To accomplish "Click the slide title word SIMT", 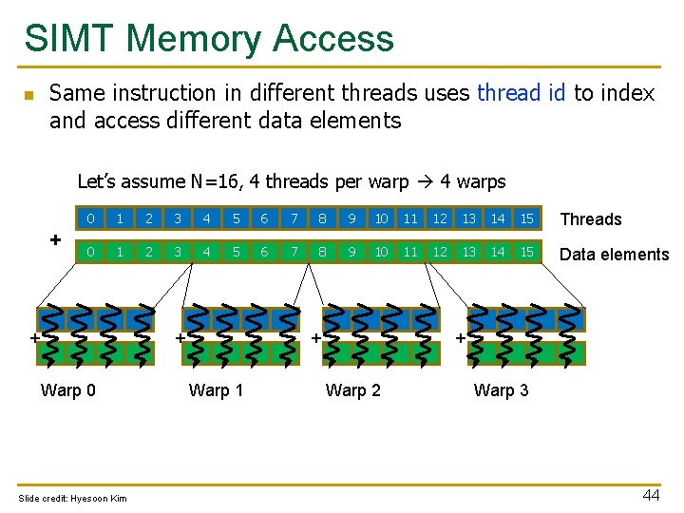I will [x=69, y=39].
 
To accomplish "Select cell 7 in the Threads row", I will [x=294, y=218].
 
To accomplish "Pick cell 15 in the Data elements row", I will [x=526, y=253].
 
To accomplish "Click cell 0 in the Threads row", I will [x=90, y=218].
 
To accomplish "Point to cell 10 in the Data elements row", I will [x=381, y=253].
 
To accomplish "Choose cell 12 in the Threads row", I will [x=440, y=218].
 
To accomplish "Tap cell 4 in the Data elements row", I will [x=206, y=253].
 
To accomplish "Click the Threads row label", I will [x=591, y=219].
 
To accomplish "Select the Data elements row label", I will [x=615, y=254].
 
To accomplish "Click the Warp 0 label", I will [x=68, y=390].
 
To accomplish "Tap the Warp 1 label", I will [x=217, y=390].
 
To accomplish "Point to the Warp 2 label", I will [x=353, y=390].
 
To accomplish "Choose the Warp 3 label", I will [x=502, y=390].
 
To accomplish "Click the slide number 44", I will [x=651, y=494].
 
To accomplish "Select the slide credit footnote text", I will [x=72, y=499].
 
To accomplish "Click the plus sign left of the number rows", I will [x=55, y=238].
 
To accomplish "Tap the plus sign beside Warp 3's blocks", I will [x=461, y=337].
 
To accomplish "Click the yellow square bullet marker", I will [x=28, y=95].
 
